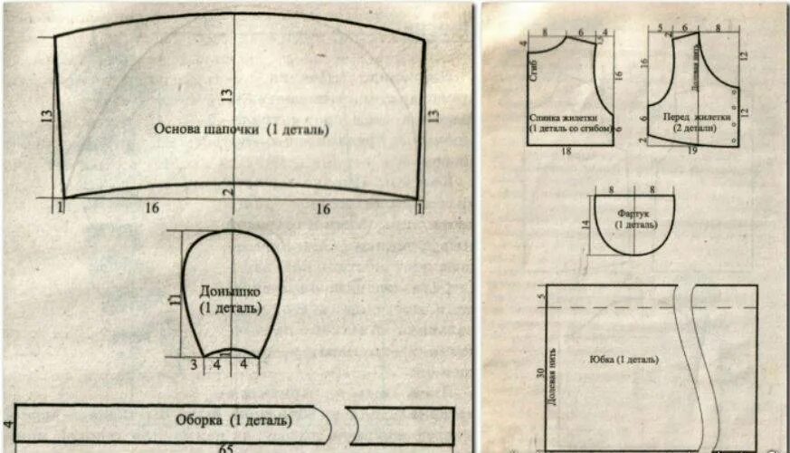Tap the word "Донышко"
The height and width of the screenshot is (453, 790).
(x=231, y=292)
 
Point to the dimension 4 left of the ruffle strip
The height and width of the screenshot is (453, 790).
(x=6, y=424)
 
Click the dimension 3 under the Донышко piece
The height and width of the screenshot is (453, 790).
(x=193, y=364)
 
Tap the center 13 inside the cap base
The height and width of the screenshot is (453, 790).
(x=227, y=93)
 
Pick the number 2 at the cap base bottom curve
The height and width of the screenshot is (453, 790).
(x=231, y=191)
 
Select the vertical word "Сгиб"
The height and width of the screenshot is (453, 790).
(x=534, y=72)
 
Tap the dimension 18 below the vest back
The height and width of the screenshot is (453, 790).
(x=566, y=151)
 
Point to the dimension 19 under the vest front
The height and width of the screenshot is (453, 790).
(x=692, y=151)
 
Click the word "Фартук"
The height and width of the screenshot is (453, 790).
(x=633, y=213)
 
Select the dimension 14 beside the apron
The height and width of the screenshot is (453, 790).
(x=585, y=224)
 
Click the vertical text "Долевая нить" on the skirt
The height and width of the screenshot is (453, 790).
(x=552, y=376)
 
